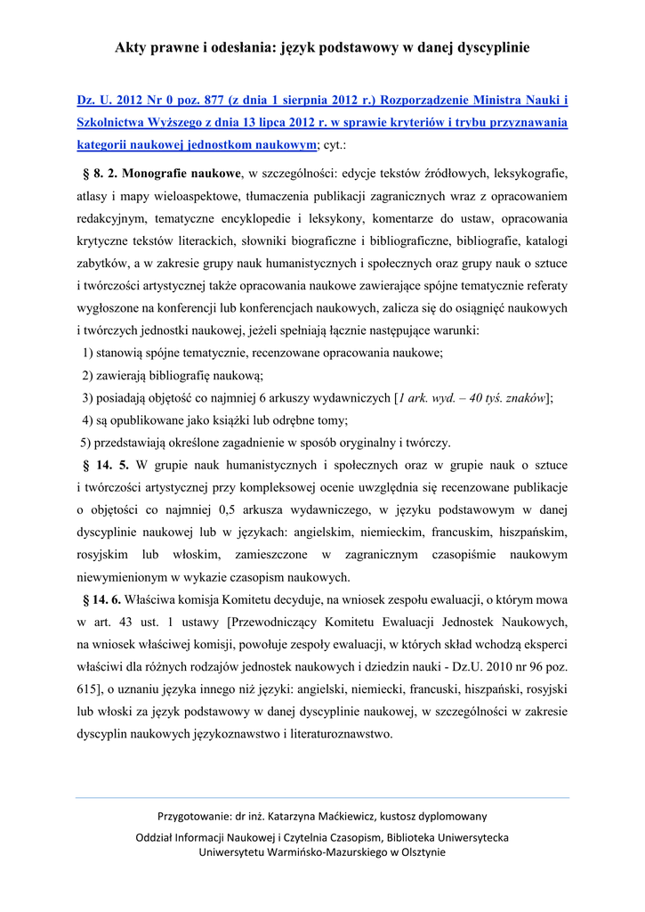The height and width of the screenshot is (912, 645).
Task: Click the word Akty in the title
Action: tap(132, 47)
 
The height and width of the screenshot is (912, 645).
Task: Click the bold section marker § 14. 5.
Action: tap(106, 465)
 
